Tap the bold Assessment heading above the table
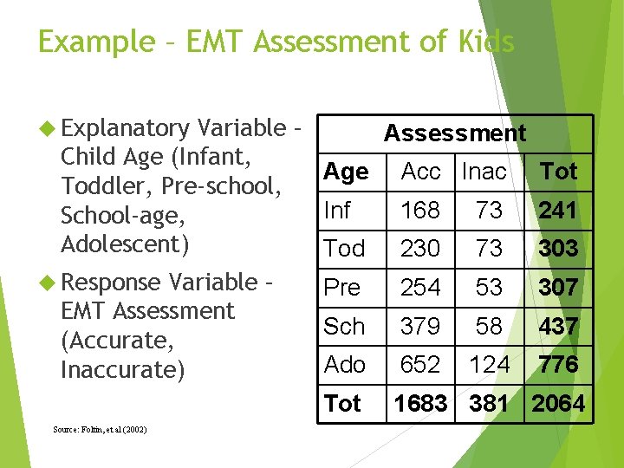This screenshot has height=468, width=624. (454, 133)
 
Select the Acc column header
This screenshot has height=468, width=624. (420, 172)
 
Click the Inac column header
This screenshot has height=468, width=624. (484, 172)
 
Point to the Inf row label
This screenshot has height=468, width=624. (338, 211)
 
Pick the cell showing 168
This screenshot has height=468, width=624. (420, 211)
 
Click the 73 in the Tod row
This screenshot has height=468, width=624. (489, 249)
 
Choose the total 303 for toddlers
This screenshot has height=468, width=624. (558, 249)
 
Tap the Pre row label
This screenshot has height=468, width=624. (341, 288)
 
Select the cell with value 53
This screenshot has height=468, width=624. (489, 288)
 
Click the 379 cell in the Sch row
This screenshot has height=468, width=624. (420, 327)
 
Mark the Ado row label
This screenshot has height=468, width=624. (344, 365)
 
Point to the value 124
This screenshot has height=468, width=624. (489, 365)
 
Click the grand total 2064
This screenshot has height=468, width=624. (558, 404)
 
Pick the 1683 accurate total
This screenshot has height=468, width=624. (420, 404)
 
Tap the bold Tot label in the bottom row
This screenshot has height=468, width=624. (342, 404)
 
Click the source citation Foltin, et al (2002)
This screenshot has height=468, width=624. (99, 430)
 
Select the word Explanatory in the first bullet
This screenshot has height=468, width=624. (126, 128)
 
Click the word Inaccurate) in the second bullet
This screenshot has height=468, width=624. (123, 370)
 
